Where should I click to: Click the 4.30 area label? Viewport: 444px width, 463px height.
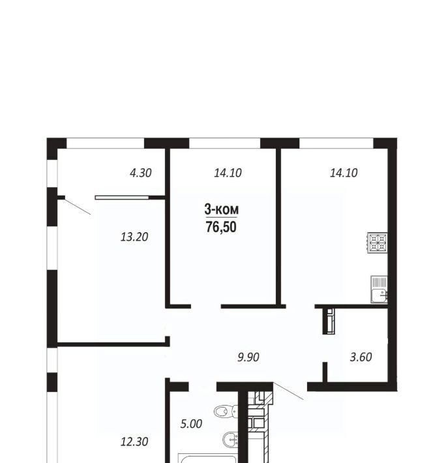point(141,173)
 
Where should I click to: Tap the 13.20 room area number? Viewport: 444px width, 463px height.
point(134,237)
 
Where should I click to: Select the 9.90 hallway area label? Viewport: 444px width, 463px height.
point(248,357)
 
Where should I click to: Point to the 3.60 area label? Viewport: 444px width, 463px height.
point(361,357)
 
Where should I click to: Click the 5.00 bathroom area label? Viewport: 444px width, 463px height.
point(191,424)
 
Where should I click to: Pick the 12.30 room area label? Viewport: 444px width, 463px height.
point(134,441)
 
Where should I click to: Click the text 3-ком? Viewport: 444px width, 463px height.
point(222,209)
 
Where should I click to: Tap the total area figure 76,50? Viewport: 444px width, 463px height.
point(222,227)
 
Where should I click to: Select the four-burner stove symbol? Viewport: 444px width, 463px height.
point(377,243)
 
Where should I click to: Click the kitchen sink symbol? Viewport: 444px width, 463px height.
point(379,290)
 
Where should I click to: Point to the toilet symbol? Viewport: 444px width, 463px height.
point(226,411)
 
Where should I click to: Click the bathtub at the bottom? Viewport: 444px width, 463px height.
point(208,458)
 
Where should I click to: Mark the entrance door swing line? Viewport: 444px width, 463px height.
point(288,391)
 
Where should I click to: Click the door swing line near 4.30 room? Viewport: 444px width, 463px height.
point(78,207)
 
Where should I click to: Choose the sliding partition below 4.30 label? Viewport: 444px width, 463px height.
point(122,197)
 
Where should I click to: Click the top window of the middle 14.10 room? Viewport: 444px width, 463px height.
point(224,143)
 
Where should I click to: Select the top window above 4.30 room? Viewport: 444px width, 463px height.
point(105,143)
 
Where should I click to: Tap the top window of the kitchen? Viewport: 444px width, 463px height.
point(336,143)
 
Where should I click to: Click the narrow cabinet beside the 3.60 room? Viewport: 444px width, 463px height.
point(329,321)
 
